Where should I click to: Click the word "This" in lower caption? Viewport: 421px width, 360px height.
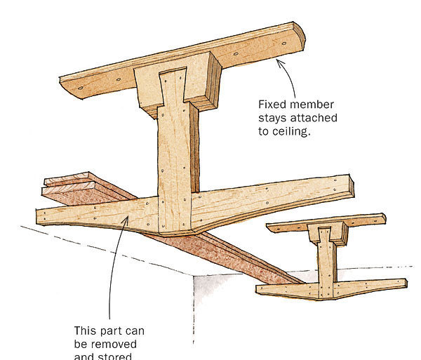coord(86,331)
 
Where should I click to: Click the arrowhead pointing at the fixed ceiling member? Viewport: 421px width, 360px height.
coord(279,62)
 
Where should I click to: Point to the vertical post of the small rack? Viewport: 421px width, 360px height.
coord(326,260)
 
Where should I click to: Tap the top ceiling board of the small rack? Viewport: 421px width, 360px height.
coord(326,222)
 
